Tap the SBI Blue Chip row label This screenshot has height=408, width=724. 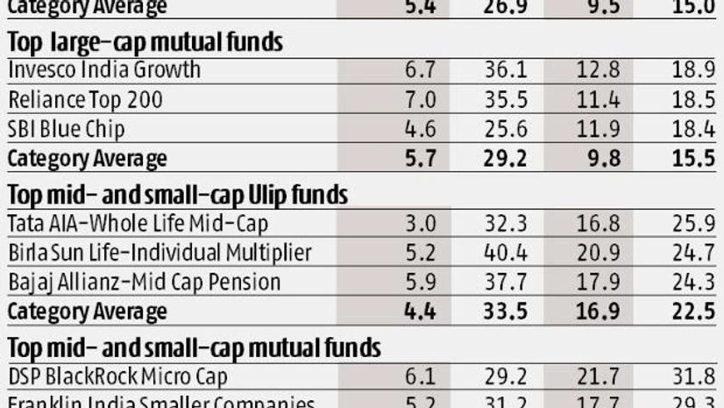[66, 129]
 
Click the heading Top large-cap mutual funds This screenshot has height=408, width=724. [149, 41]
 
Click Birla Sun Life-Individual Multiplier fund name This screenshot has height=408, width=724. [160, 254]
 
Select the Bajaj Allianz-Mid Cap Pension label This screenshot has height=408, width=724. [144, 283]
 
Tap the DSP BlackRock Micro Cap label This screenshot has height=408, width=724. [117, 376]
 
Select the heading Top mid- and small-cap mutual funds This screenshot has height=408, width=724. [194, 347]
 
